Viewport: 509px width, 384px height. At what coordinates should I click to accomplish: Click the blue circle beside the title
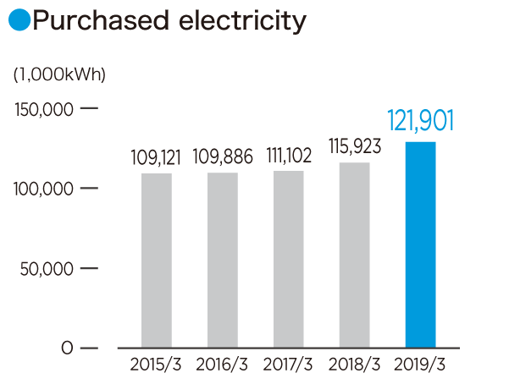[19, 21]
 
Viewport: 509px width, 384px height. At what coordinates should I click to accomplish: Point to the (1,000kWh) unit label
[59, 74]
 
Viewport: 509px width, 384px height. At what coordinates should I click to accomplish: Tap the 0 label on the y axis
[66, 348]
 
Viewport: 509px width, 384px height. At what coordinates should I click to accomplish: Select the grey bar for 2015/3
[157, 261]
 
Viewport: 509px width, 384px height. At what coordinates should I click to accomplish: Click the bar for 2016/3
[223, 261]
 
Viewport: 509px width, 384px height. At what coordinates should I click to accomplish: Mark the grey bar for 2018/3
[354, 255]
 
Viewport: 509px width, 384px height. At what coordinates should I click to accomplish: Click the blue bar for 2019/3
[420, 244]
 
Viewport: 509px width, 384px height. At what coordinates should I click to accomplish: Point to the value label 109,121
[157, 157]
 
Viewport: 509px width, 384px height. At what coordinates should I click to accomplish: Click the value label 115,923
[354, 146]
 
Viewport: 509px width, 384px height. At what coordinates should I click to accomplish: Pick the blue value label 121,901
[421, 120]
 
